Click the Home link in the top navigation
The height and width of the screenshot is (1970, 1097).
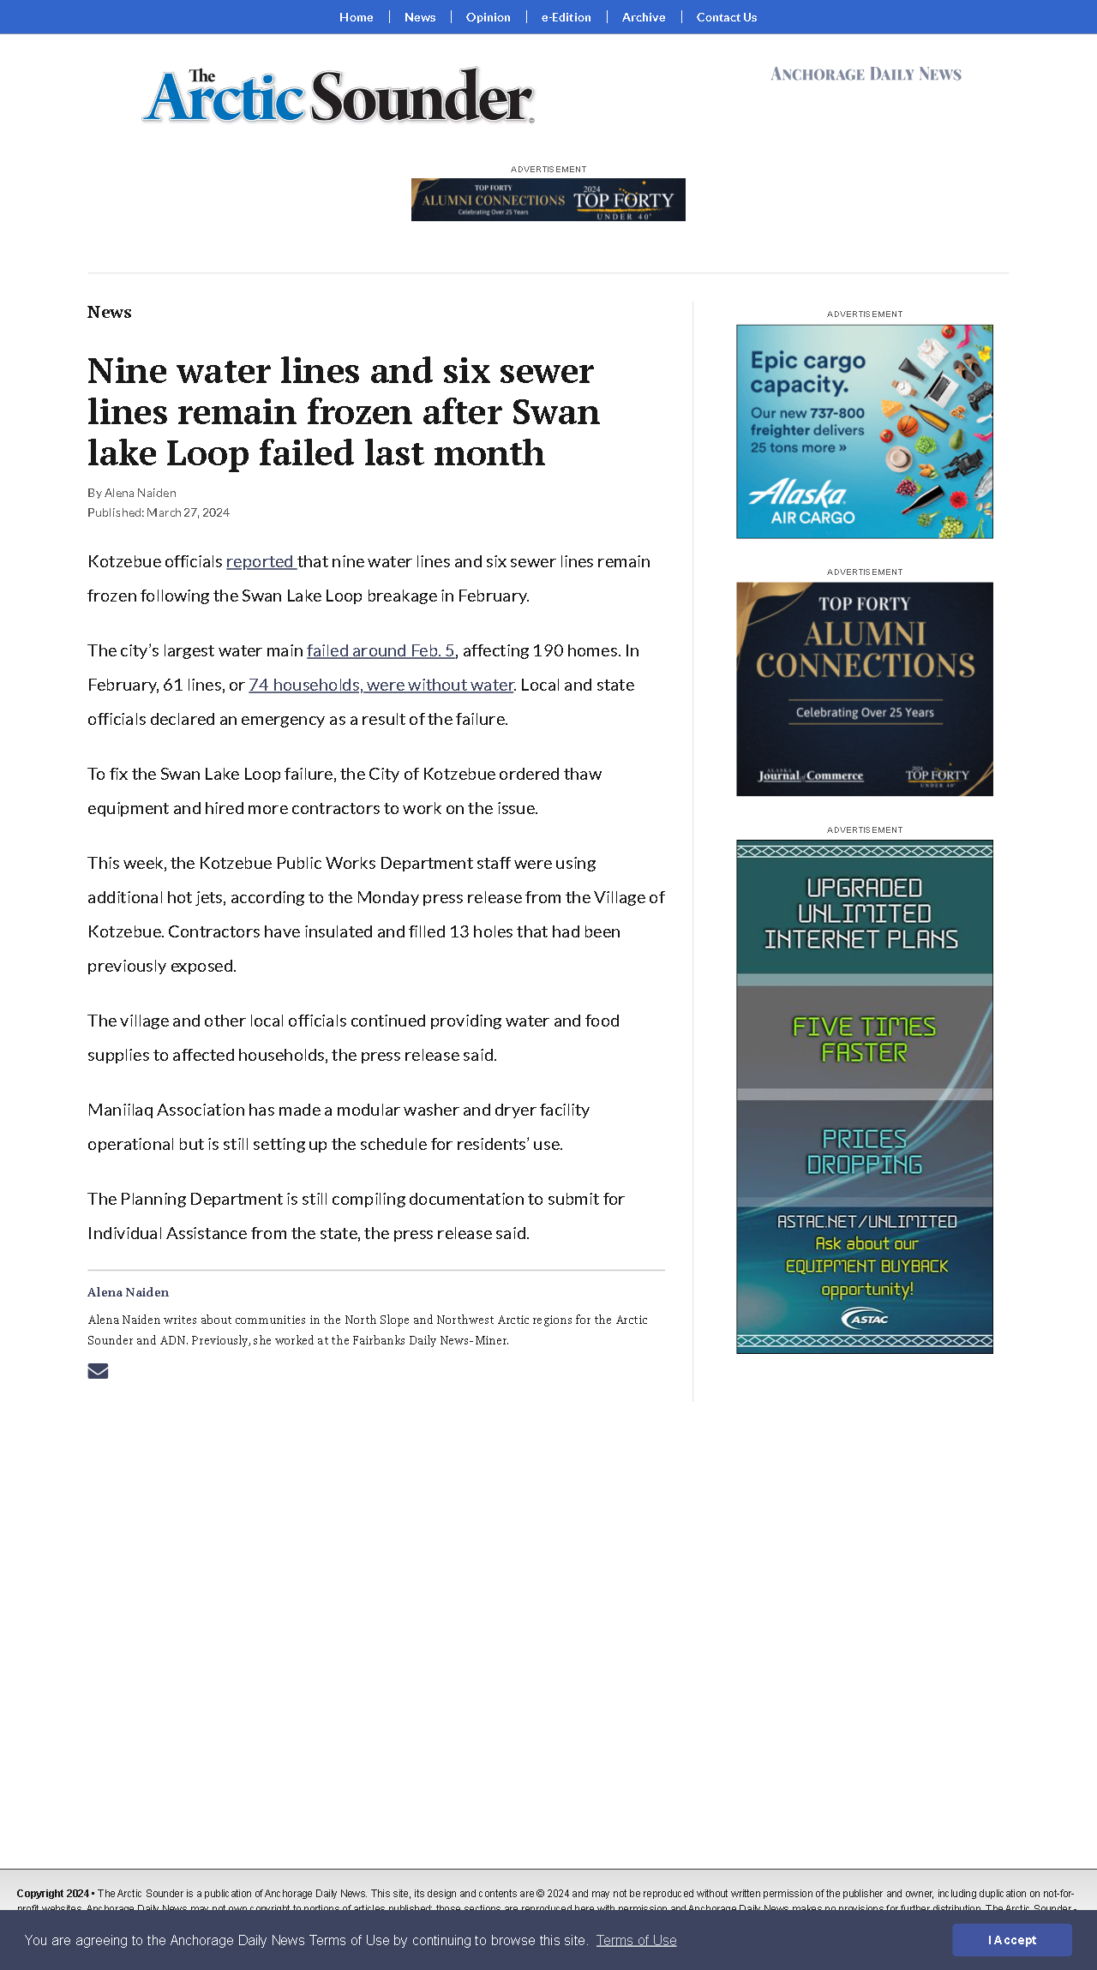356,17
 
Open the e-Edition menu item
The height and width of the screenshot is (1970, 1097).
566,17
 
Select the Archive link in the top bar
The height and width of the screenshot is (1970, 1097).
644,17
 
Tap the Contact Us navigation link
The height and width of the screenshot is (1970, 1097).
726,17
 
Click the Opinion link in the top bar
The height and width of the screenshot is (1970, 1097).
488,17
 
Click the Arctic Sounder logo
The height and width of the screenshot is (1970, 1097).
339,96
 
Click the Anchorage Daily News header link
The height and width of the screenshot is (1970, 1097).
866,75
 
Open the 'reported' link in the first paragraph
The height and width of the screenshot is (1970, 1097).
260,562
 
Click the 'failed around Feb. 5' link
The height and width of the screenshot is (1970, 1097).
381,651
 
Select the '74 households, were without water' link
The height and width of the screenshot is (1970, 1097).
381,686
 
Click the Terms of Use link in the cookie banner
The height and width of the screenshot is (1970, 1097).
636,1940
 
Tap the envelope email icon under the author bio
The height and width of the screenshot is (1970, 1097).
98,1371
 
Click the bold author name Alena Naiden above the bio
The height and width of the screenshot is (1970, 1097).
128,1292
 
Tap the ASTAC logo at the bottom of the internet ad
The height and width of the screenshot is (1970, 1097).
865,1319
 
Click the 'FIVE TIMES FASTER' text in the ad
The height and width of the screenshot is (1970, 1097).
864,1039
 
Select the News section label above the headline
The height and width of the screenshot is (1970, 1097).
109,313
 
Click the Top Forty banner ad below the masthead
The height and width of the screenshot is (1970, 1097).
548,200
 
